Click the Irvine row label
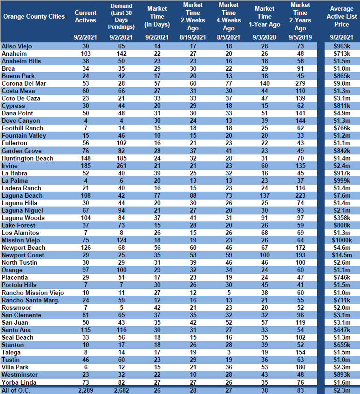click(10, 166)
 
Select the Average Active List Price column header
click(342, 16)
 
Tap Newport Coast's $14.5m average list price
click(342, 255)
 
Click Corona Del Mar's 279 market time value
click(300, 83)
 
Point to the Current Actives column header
click(86, 16)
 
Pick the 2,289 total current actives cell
click(86, 390)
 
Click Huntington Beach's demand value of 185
click(121, 158)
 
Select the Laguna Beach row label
click(22, 195)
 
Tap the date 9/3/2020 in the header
click(265, 37)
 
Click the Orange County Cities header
click(34, 17)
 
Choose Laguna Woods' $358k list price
click(342, 218)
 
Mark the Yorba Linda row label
click(19, 382)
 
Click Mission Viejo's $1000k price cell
click(342, 240)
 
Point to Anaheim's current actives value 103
click(86, 53)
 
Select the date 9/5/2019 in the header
click(300, 37)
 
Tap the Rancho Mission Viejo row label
click(33, 293)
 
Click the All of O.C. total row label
click(16, 390)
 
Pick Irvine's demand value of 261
click(121, 166)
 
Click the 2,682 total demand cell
click(121, 390)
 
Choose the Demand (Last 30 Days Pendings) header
click(121, 16)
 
